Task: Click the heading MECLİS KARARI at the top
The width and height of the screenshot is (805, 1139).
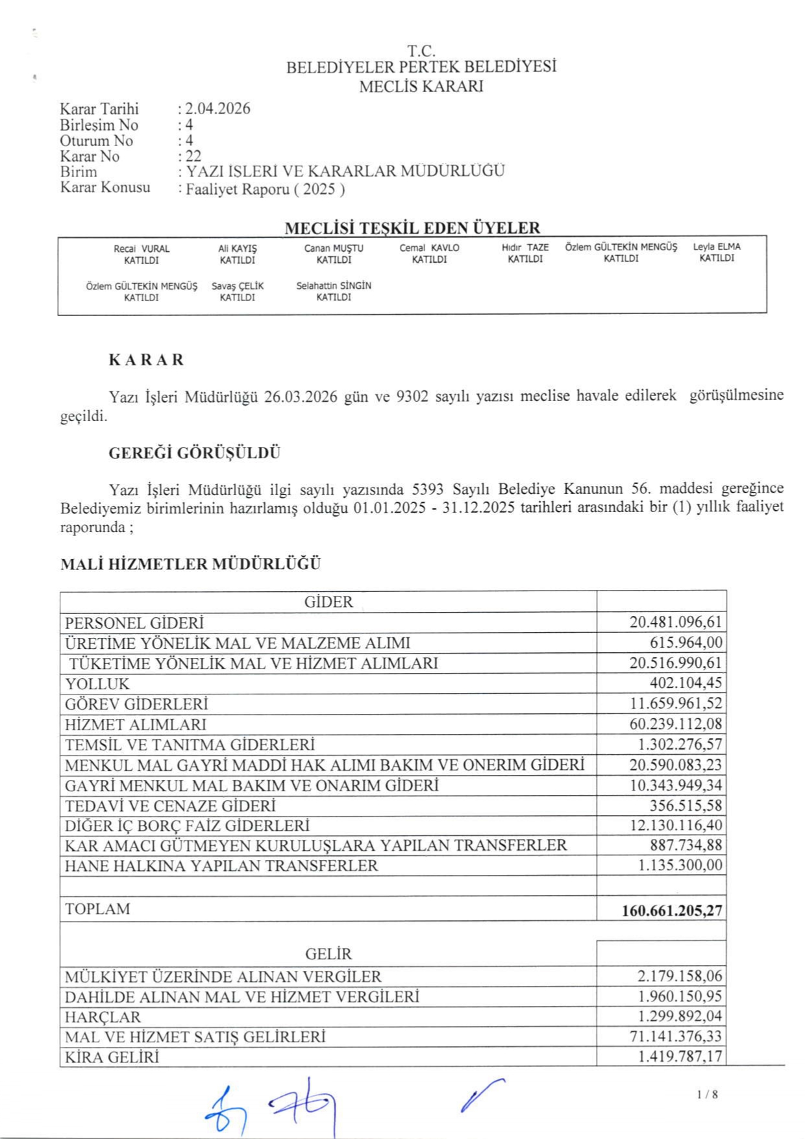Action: [421, 86]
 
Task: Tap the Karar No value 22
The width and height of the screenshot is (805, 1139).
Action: [193, 156]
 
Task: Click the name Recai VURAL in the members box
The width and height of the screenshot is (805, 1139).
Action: [142, 249]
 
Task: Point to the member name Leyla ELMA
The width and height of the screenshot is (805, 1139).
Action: [717, 247]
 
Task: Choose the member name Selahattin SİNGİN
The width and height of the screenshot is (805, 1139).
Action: [334, 286]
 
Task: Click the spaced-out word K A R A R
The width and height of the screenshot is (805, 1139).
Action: [146, 360]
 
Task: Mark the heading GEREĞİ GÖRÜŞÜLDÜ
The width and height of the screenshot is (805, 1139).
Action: [194, 453]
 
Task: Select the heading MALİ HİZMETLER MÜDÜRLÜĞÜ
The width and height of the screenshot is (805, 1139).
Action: [190, 564]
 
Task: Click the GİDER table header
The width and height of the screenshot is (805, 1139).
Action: [328, 602]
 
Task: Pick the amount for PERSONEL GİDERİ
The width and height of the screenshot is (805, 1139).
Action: [675, 622]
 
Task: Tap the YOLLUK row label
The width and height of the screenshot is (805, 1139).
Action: [97, 684]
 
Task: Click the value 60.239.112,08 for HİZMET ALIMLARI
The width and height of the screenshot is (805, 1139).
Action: [675, 724]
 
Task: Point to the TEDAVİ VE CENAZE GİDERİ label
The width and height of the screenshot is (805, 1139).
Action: [170, 806]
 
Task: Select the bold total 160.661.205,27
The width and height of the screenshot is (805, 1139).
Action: [671, 911]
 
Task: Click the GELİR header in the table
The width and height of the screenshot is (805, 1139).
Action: [328, 954]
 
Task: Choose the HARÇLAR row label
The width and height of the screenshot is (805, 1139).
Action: [103, 1017]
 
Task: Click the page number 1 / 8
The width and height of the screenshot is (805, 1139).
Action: [707, 1095]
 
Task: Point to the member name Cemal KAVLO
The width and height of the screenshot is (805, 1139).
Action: [429, 248]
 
